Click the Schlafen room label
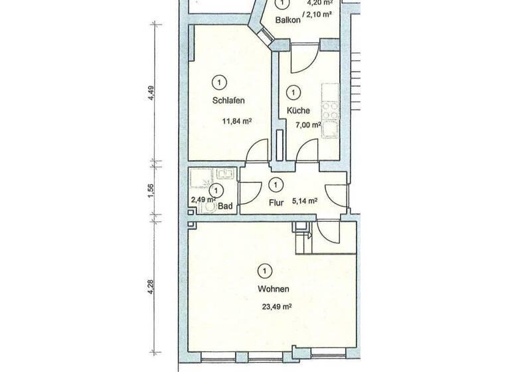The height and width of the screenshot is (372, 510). click(x=228, y=102)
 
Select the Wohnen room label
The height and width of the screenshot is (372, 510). click(x=274, y=290)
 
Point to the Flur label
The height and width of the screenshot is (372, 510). click(x=277, y=203)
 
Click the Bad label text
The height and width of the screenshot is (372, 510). click(x=224, y=207)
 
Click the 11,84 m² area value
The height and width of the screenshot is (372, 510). click(x=237, y=122)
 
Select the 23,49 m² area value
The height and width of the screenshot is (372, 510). click(x=278, y=307)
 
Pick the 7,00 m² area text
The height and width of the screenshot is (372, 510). click(x=308, y=124)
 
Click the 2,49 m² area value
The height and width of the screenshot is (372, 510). click(x=203, y=199)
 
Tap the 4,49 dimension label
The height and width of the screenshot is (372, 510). click(x=151, y=94)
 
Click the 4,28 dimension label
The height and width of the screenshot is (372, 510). click(x=151, y=287)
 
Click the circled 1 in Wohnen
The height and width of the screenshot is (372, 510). click(x=265, y=270)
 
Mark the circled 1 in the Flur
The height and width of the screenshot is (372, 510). click(x=277, y=184)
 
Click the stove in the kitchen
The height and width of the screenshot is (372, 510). click(x=329, y=106)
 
